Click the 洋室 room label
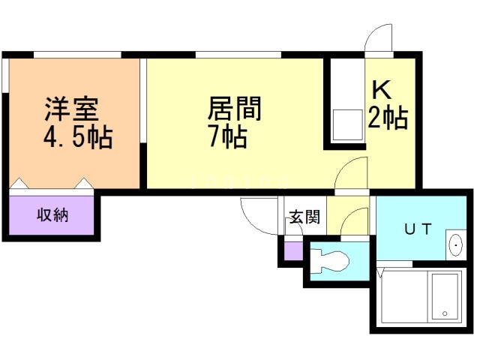(72, 109)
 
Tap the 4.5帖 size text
(78, 137)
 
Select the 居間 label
(235, 108)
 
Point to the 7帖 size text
(228, 137)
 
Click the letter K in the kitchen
(382, 89)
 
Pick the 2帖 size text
(388, 117)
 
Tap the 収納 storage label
(52, 215)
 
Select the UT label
(418, 229)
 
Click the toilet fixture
(330, 261)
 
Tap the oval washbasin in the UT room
(456, 245)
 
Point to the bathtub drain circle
(445, 313)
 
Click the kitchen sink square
(347, 125)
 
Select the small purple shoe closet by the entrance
(293, 251)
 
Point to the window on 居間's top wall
(238, 55)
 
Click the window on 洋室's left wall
(5, 75)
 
